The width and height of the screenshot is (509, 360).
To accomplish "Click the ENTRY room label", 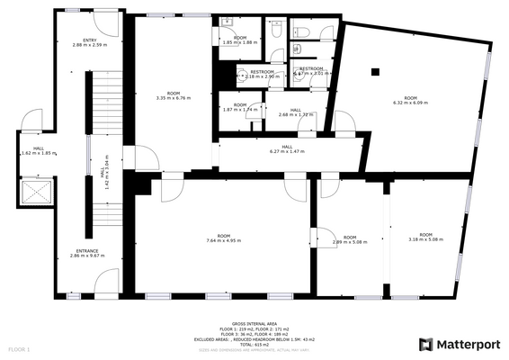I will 90,40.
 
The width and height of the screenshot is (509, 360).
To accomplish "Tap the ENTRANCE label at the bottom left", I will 87,251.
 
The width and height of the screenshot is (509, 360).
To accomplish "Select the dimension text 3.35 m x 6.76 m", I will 173,98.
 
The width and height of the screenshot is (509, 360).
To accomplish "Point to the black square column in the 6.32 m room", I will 377,72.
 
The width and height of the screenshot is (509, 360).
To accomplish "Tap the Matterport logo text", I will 468,344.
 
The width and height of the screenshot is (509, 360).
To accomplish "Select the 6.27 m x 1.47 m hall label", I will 287,151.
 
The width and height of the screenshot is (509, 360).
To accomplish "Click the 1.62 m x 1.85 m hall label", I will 39,153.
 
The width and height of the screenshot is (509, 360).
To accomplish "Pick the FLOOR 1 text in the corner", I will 19,348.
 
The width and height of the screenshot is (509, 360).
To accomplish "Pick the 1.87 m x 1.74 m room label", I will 239,109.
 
